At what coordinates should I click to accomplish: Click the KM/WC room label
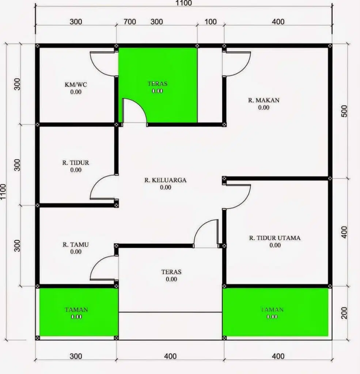coord(76,84)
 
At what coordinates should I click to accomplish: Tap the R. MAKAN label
coord(264,100)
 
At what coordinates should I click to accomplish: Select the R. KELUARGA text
coord(166,180)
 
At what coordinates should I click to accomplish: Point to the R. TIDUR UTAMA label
coord(275,238)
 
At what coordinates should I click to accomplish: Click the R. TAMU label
coord(76,244)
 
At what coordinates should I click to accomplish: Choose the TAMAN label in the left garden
coord(76,310)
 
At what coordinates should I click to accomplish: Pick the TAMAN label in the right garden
coord(272,310)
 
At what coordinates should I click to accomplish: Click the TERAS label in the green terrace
coord(157,84)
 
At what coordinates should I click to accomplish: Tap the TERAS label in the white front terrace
coord(171,272)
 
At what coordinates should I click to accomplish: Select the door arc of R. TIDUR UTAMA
coord(243,202)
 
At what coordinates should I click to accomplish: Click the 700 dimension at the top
coord(130,22)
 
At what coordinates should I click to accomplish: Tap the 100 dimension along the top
coord(211,22)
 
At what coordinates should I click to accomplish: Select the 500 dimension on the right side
coord(344,111)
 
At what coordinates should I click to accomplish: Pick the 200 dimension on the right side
coord(344,313)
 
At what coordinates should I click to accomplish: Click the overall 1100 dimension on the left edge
coord(3,192)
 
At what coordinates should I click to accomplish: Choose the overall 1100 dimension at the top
coord(183,3)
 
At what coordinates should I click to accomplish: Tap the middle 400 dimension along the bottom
coord(170,356)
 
